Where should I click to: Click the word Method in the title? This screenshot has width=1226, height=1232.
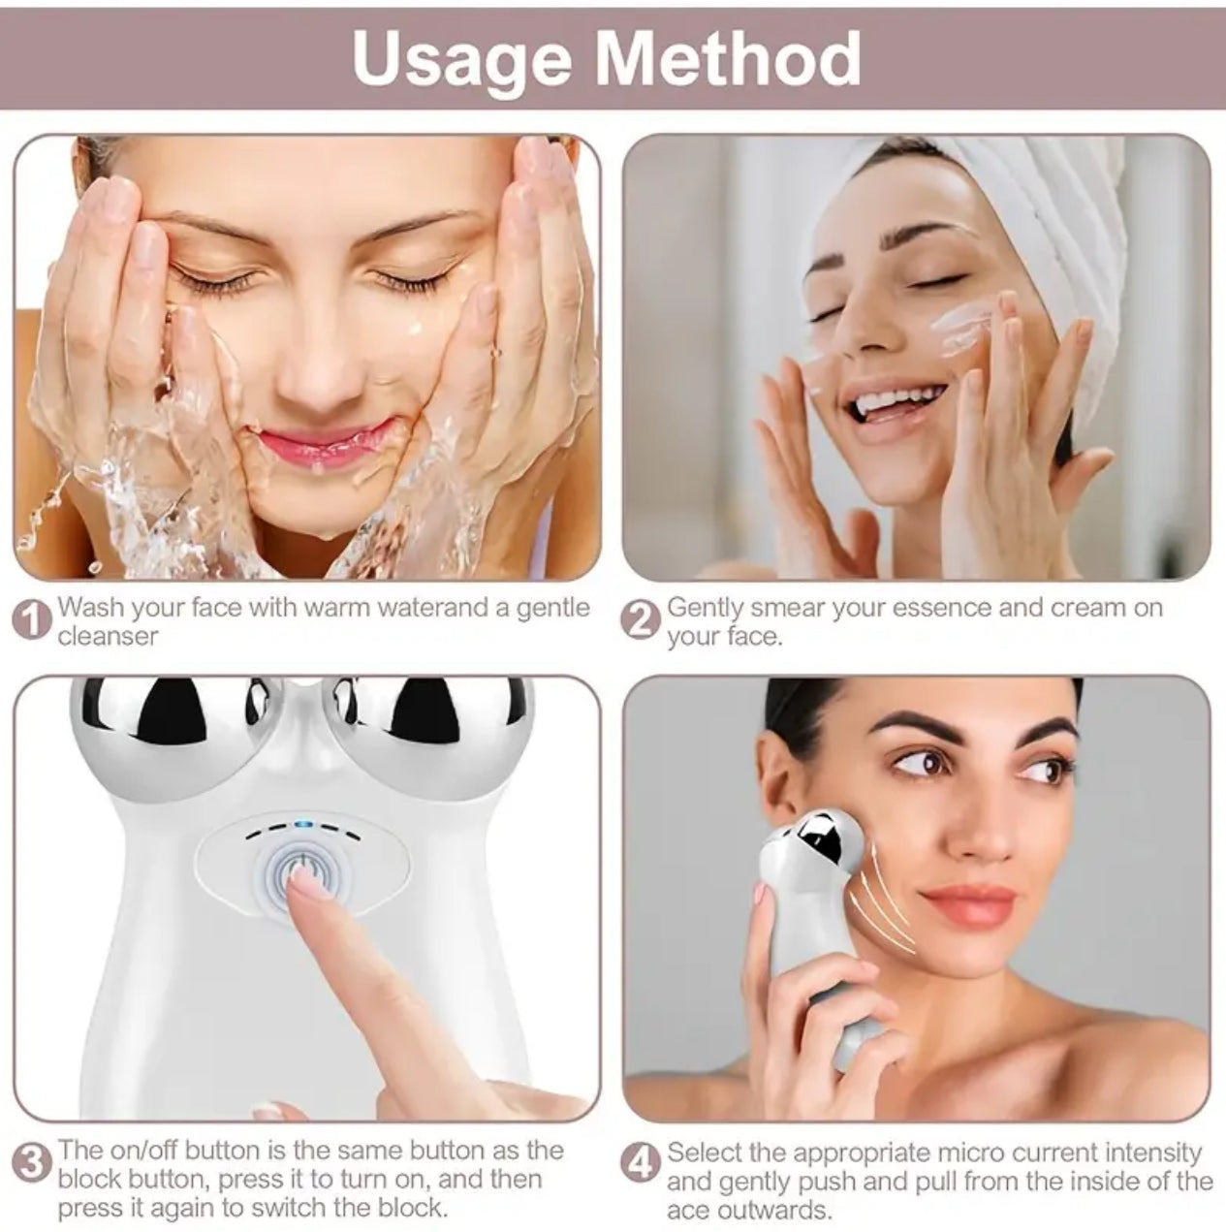tap(728, 58)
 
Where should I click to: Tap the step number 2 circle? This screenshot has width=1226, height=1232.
tap(640, 620)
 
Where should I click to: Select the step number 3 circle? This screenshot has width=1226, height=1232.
tap(33, 1162)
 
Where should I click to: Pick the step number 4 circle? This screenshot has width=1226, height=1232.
tap(640, 1163)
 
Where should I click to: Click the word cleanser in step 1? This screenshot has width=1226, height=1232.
tap(108, 636)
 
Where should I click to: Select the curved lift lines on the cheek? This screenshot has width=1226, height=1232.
tap(887, 897)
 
